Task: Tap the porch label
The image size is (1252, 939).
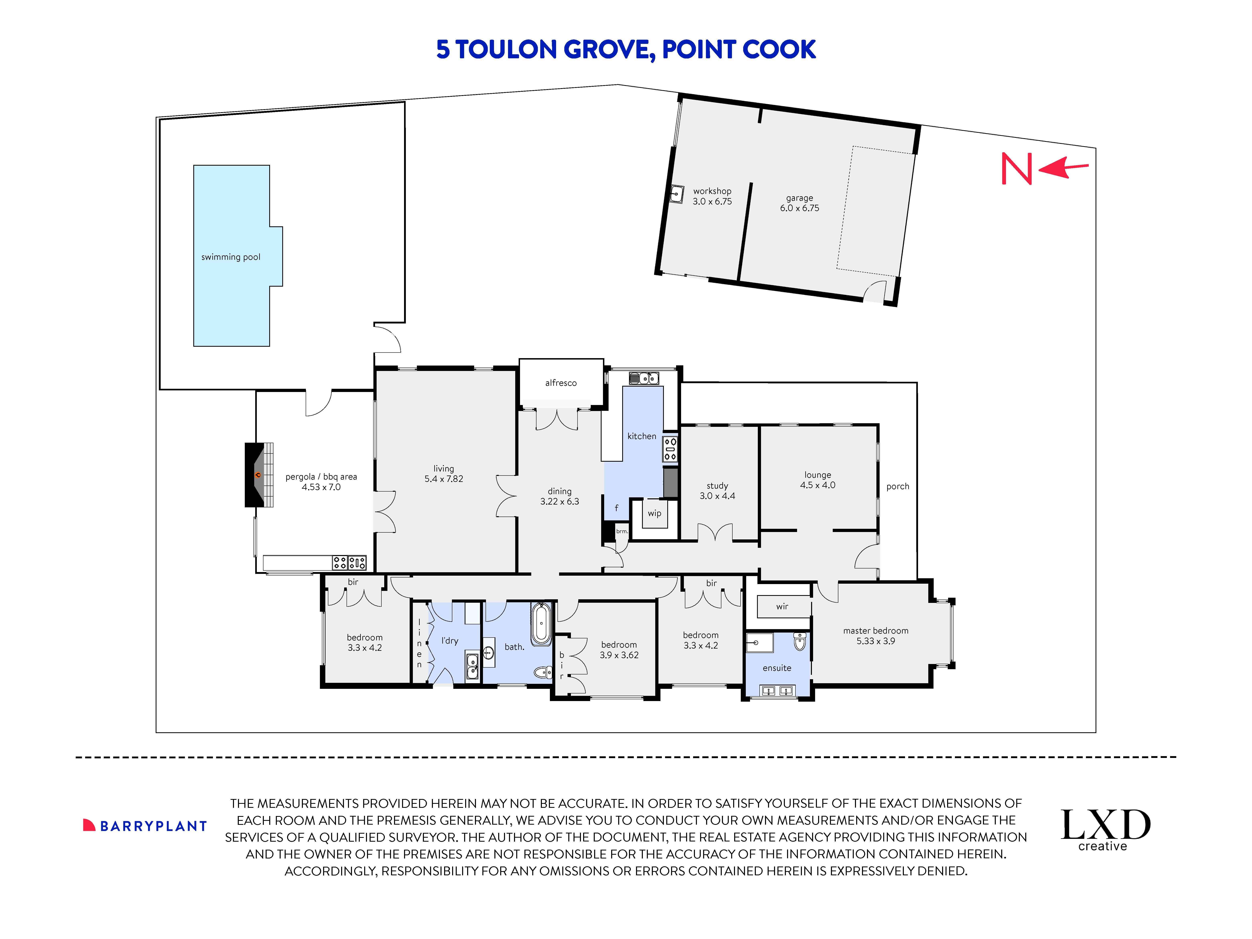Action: tap(898, 486)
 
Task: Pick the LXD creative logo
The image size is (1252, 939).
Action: tap(1105, 829)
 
